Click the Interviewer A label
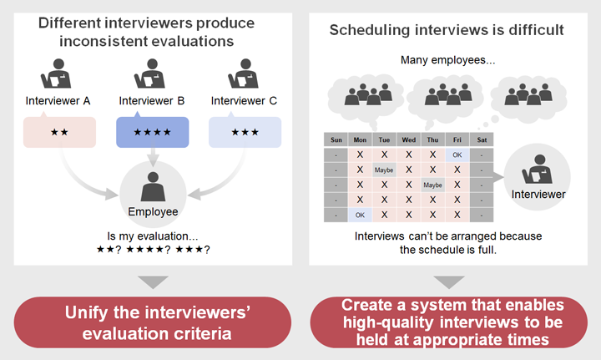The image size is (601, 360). tap(58, 101)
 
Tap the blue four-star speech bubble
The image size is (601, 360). tap(153, 132)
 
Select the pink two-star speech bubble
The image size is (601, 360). tap(59, 132)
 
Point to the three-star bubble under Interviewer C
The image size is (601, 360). tap(245, 132)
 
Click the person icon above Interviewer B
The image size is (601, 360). tap(150, 74)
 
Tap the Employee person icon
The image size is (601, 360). tap(153, 187)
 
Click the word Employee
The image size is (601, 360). tap(153, 211)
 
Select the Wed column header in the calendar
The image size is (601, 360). tap(408, 140)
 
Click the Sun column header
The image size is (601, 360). tap(336, 140)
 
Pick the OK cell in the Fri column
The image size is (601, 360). tap(457, 155)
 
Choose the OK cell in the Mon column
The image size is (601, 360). tap(360, 215)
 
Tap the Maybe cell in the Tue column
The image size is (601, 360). tap(384, 170)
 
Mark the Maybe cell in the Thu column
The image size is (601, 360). tap(432, 185)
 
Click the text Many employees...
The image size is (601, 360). tap(447, 60)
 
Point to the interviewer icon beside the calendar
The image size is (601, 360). tap(537, 169)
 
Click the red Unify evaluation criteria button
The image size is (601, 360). tap(153, 322)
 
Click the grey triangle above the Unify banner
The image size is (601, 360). tap(154, 281)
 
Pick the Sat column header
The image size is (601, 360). tap(482, 140)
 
